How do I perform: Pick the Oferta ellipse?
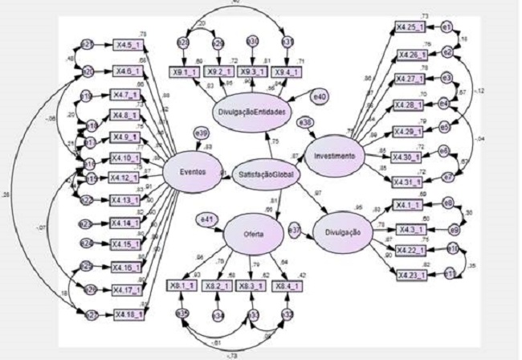coord(254,235)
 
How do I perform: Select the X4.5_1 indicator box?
coord(128,45)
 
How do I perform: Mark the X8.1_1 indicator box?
coord(184,286)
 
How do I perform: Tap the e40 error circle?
coord(320,96)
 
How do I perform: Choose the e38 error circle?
coord(306,122)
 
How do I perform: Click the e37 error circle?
coord(295,231)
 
